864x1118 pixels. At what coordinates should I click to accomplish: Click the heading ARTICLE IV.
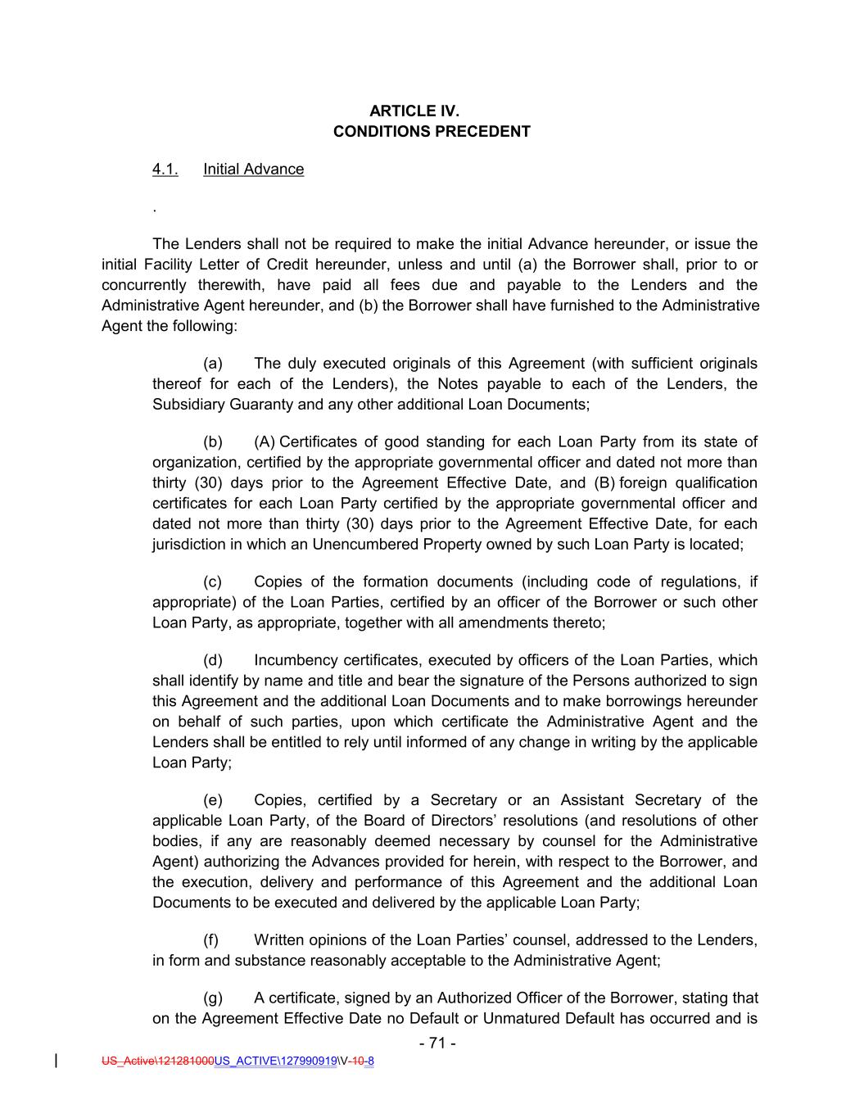pos(432,111)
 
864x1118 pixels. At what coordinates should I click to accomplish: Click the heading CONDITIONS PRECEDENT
pos(432,131)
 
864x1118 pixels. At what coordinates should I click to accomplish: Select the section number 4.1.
pos(165,170)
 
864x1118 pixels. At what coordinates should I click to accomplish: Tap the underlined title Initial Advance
pos(253,170)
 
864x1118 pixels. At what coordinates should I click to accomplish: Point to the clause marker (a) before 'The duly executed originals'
pos(212,363)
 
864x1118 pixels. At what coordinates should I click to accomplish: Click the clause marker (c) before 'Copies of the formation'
pos(212,582)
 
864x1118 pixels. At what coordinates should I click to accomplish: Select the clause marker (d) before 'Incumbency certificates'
pos(212,660)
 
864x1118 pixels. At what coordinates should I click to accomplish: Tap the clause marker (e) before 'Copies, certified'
pos(212,800)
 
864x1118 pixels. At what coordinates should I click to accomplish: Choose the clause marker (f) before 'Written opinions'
pos(211,940)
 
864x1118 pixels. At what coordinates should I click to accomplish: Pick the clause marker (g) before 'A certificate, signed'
pos(212,998)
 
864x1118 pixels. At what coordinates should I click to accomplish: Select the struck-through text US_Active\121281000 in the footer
pos(157,1061)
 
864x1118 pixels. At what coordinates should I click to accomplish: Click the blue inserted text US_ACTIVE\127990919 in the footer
pos(276,1061)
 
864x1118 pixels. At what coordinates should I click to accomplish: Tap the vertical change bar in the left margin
pos(56,1061)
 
